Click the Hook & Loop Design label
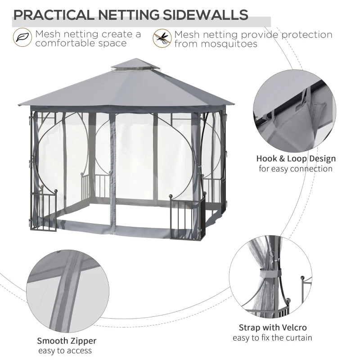296,158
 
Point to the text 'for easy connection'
296,169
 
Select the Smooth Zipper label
67,341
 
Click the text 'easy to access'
65,351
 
